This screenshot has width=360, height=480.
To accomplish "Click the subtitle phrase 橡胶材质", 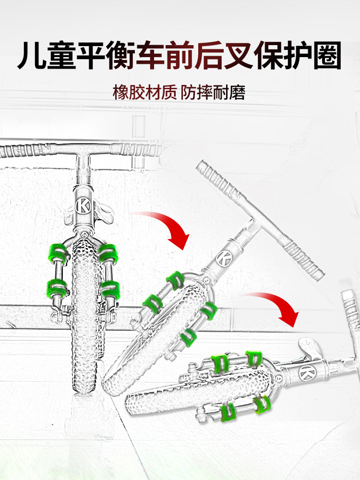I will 144,93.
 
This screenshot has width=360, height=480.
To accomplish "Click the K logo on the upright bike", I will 83,205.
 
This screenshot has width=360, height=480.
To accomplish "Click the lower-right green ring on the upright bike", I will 110,289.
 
